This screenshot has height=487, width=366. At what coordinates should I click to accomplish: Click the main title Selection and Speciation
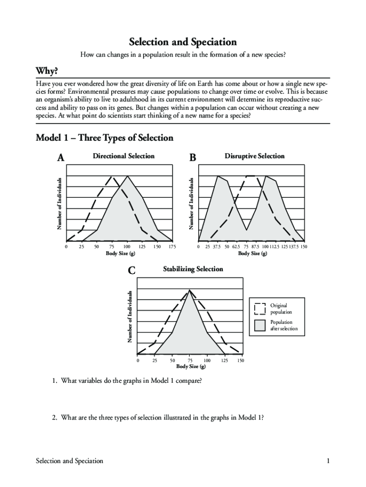click(183, 42)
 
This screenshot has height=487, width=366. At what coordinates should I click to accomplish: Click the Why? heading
click(47, 71)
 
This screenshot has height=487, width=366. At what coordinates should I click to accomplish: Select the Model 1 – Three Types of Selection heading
click(105, 138)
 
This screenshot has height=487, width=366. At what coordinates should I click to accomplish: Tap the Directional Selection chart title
click(124, 156)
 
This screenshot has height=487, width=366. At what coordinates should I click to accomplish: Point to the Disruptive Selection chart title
click(254, 156)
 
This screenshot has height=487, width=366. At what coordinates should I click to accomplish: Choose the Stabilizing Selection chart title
click(193, 269)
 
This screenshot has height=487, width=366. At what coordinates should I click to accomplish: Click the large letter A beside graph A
click(60, 158)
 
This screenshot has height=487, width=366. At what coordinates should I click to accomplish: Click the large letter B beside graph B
click(192, 158)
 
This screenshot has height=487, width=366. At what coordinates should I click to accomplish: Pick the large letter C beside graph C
click(132, 271)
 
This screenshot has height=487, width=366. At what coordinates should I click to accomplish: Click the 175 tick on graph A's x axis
click(172, 247)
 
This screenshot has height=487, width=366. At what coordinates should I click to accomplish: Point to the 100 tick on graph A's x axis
click(127, 247)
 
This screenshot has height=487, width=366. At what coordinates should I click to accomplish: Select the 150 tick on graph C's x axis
click(241, 360)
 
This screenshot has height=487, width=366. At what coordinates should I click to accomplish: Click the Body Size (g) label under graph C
click(191, 366)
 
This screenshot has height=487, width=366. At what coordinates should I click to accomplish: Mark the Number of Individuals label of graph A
click(60, 204)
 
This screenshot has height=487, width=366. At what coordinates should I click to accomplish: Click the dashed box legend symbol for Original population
click(260, 309)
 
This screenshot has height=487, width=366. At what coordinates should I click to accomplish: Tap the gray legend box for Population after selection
click(260, 325)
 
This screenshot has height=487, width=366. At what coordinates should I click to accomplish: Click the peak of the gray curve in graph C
click(190, 290)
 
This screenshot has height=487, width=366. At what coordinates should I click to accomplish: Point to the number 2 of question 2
click(55, 418)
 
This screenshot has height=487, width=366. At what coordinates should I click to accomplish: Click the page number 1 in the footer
click(328, 461)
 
